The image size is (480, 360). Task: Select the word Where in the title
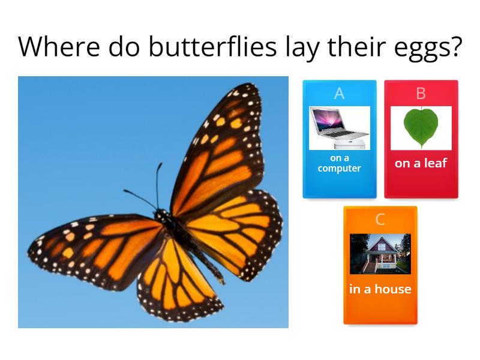[55, 47]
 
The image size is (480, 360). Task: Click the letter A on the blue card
[339, 94]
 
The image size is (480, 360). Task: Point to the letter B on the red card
[421, 94]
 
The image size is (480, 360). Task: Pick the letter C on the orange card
[380, 220]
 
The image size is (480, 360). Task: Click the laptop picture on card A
[339, 128]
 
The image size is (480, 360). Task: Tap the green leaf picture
[421, 127]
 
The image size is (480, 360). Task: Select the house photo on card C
[380, 254]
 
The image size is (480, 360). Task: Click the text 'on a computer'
[339, 163]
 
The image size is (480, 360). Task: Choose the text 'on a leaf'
[421, 163]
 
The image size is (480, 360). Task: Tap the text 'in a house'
[380, 289]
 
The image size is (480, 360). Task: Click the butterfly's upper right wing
[222, 150]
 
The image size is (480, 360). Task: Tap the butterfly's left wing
[96, 246]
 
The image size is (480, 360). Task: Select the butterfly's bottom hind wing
[174, 282]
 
